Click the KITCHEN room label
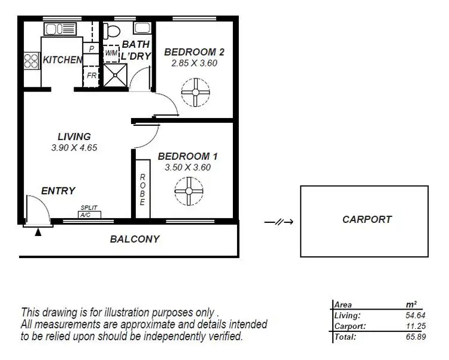[62, 60]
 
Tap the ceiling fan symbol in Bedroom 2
[196, 93]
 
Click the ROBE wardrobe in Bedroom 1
[142, 189]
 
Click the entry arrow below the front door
[38, 232]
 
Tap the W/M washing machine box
[111, 53]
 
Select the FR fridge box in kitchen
[92, 76]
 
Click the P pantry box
[92, 49]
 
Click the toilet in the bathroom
[111, 31]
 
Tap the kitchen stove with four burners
[31, 60]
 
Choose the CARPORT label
[367, 219]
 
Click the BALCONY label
[135, 239]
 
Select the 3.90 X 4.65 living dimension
[74, 148]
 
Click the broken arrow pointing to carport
[278, 222]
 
